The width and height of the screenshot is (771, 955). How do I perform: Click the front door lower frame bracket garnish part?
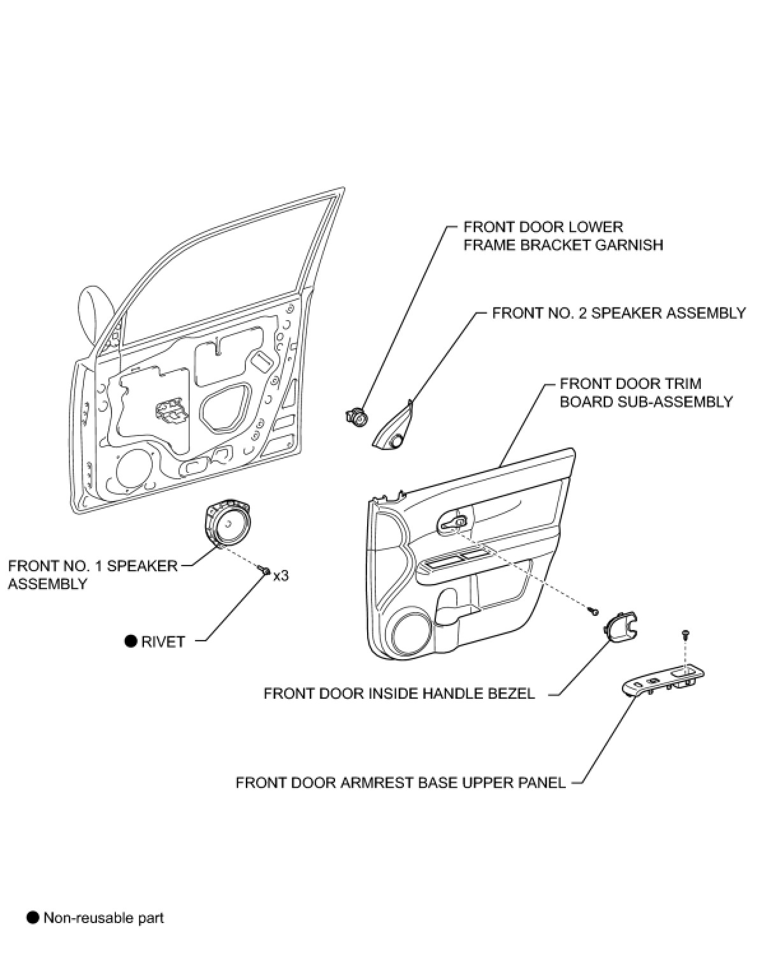[x=356, y=416]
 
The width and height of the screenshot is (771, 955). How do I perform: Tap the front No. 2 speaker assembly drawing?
[x=394, y=426]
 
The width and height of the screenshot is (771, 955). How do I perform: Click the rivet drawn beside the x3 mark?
[x=264, y=571]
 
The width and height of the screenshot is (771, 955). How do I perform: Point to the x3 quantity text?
[x=281, y=575]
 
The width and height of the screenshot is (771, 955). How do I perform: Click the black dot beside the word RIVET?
[x=131, y=641]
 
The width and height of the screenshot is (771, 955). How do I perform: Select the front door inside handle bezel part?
[x=621, y=625]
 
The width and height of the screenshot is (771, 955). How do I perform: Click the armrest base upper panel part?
[x=663, y=681]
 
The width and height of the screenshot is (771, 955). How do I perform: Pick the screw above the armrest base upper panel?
[x=685, y=635]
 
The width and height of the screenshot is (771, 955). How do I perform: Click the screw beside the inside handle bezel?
[x=594, y=611]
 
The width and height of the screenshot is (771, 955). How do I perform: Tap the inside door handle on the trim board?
[x=454, y=521]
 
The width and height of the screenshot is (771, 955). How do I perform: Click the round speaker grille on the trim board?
[x=412, y=635]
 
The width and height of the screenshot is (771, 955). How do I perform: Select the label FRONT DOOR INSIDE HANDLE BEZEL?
[x=399, y=694]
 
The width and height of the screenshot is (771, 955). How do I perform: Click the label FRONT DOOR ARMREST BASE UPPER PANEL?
[x=401, y=782]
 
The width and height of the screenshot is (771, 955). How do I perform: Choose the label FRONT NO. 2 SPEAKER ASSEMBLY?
[x=619, y=312]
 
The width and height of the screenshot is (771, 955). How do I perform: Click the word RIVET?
[x=162, y=642]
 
